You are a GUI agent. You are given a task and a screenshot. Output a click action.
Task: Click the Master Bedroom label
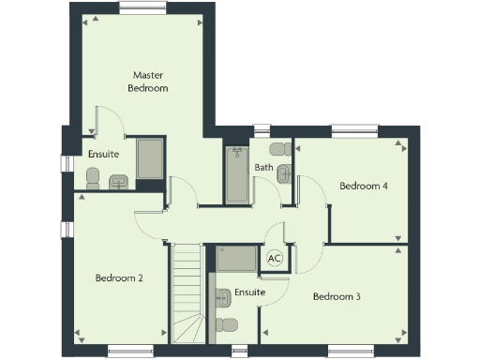148,81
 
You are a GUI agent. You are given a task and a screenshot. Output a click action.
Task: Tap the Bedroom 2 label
119,277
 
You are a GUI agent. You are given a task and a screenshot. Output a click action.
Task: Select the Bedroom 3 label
337,296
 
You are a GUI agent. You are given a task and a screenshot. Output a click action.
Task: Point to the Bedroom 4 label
364,186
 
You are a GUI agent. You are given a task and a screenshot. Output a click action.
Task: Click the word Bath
263,168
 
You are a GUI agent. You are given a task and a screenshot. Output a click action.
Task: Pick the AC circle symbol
276,257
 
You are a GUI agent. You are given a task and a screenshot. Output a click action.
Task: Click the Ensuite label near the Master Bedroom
103,154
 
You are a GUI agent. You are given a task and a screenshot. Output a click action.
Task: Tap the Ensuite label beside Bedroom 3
249,292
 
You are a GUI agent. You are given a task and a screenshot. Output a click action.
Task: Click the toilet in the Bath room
279,148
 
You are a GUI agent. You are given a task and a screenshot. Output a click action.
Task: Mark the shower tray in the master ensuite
150,158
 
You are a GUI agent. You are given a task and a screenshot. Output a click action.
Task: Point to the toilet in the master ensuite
92,177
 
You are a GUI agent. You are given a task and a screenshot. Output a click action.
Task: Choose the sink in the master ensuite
119,182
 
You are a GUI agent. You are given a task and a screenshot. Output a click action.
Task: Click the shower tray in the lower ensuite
237,259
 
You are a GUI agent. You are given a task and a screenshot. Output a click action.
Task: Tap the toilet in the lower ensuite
226,325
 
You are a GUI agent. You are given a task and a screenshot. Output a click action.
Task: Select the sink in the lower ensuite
223,297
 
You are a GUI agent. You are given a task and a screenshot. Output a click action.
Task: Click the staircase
187,291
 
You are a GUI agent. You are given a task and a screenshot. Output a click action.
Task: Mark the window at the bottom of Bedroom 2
129,352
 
